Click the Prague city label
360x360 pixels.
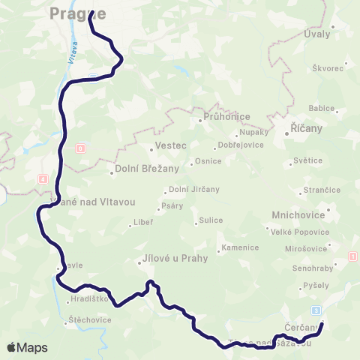[x=77, y=13]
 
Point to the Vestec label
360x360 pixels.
[x=169, y=146]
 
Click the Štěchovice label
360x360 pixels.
[x=90, y=319]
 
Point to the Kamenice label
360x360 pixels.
[x=241, y=247]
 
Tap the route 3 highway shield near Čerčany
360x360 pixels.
[x=316, y=310]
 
